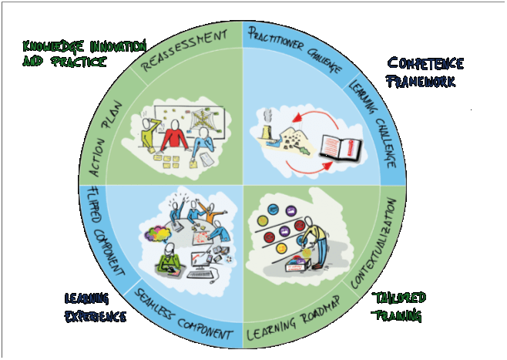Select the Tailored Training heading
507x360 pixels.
398,307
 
